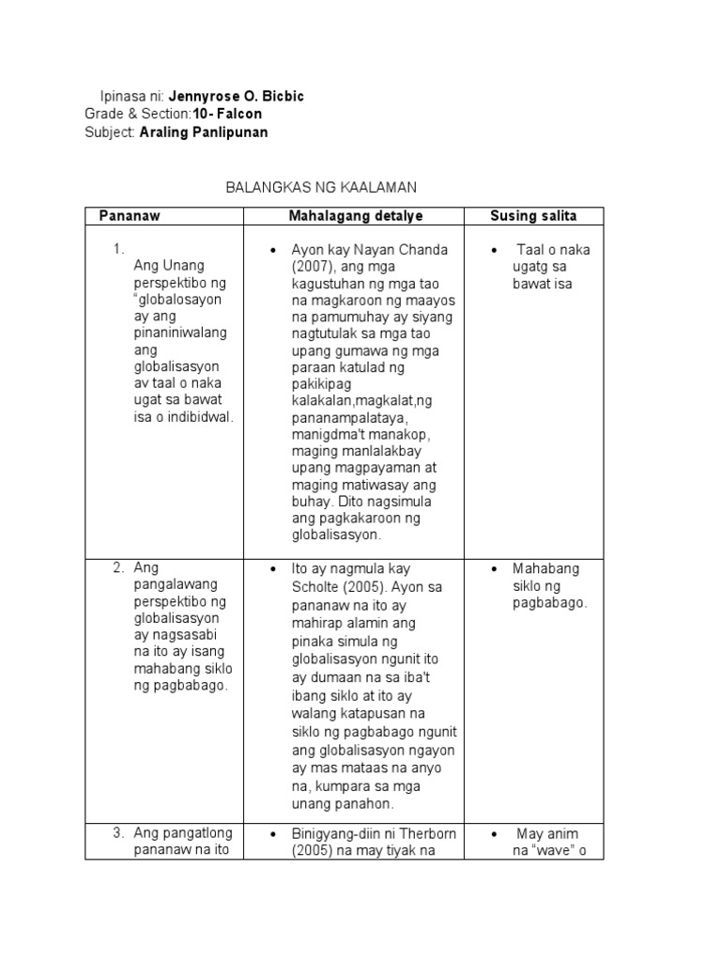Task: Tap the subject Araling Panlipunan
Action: [203, 132]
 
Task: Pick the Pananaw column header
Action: [130, 216]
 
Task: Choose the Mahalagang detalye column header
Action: [356, 216]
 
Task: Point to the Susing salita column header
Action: [533, 216]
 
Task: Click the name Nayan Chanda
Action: [400, 250]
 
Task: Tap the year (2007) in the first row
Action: [306, 266]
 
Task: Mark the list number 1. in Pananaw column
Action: [118, 249]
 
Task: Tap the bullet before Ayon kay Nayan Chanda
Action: [271, 251]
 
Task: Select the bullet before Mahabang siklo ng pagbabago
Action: [494, 569]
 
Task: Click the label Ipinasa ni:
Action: [132, 97]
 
